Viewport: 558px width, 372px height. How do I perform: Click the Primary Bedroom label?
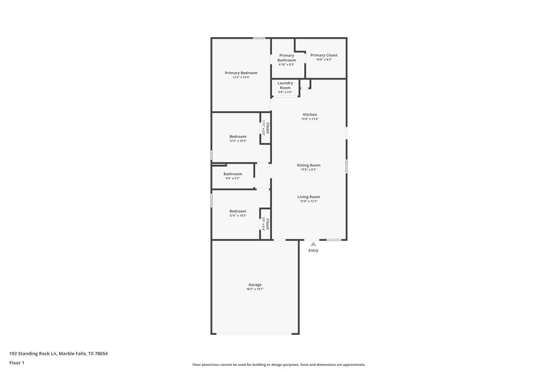[241, 73]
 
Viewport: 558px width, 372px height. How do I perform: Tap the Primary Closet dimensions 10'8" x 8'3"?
[324, 60]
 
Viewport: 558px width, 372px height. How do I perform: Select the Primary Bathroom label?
[286, 58]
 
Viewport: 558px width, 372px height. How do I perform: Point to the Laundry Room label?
[285, 85]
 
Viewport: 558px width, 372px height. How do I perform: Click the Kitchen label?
[310, 115]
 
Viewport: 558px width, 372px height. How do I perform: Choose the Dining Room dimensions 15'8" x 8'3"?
[308, 170]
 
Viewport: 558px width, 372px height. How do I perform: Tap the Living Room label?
[308, 197]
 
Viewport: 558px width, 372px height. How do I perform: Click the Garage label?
[255, 285]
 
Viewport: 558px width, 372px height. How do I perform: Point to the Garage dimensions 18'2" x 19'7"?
[255, 289]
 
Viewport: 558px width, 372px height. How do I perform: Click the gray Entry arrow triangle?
[313, 244]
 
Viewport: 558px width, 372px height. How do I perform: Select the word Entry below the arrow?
[313, 250]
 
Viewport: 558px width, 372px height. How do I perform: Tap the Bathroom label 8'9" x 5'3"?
[232, 176]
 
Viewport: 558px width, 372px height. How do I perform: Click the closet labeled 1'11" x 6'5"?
[265, 128]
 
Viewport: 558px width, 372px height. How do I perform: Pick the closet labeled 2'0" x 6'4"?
[265, 224]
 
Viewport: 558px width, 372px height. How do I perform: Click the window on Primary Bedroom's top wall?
[259, 38]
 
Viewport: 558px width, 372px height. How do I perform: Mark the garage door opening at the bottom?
[254, 334]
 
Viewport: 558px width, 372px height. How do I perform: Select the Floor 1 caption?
[17, 363]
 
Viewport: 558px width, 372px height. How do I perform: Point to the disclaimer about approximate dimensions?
[279, 365]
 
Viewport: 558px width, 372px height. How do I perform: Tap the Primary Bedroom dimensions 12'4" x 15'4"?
[241, 77]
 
